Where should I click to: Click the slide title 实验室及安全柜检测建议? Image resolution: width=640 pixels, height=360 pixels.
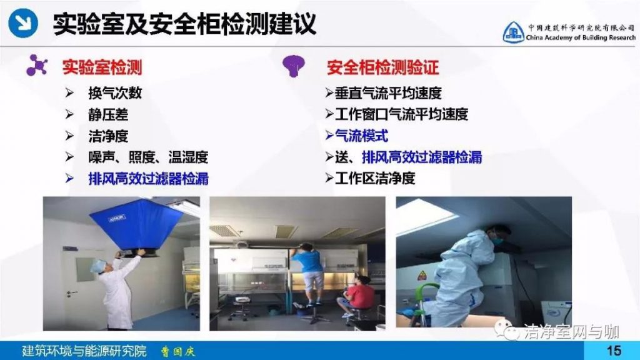[184, 24]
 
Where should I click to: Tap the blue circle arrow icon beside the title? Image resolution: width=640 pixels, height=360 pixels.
[23, 23]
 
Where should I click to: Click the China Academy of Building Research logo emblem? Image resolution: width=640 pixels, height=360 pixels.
[513, 32]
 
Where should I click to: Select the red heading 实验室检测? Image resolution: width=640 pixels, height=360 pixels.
[102, 67]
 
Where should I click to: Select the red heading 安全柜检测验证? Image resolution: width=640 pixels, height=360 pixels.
[382, 67]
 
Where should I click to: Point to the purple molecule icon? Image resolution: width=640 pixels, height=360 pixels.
[37, 65]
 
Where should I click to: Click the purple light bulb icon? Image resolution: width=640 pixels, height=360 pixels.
[294, 65]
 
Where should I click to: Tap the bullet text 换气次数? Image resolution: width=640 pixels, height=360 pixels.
[115, 93]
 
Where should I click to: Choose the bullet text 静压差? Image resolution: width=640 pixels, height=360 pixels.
[108, 115]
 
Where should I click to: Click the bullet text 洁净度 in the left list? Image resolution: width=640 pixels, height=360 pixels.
[108, 136]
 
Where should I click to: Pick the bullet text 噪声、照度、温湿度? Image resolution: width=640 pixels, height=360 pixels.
[148, 157]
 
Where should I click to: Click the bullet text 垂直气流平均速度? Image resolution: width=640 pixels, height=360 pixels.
[387, 93]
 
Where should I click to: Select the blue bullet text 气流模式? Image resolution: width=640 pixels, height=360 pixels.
[361, 136]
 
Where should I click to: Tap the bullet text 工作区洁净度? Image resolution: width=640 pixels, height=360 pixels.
[375, 178]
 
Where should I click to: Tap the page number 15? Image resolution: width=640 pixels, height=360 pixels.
[614, 351]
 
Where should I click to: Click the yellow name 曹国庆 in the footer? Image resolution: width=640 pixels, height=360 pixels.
[178, 351]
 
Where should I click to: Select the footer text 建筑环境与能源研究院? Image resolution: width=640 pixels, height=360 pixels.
[84, 351]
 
